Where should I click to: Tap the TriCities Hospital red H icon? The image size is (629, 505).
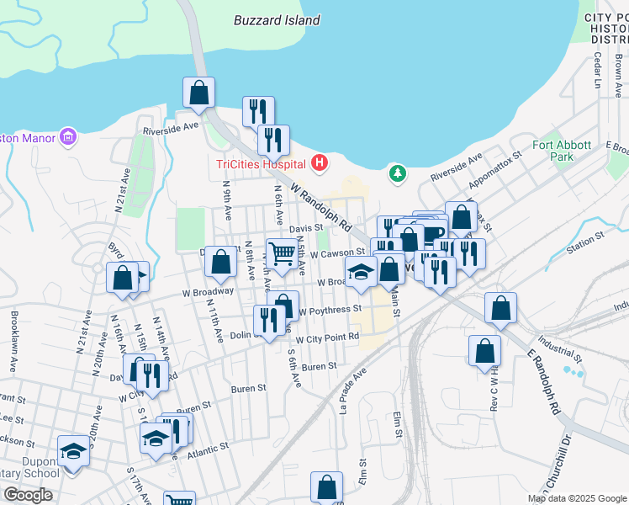pos(320,162)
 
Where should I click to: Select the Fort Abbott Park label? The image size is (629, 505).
pos(553,151)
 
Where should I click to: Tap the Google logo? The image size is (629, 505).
pos(28,495)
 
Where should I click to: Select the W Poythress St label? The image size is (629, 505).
pos(330,309)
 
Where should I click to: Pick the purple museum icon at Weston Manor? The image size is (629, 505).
pos(68,137)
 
